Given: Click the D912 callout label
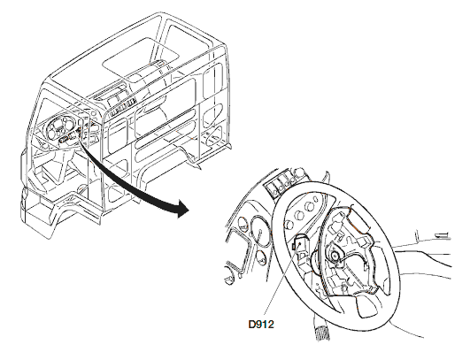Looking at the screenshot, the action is click(x=261, y=325).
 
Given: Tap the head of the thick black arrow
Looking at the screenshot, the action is click(x=181, y=209).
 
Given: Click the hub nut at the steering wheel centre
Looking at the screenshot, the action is click(x=335, y=256).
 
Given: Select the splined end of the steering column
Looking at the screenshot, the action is click(x=321, y=332).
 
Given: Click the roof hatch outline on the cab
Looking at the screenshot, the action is click(x=141, y=56).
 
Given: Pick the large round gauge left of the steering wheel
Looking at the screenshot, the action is click(x=261, y=230).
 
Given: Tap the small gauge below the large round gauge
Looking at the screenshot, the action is click(x=261, y=257).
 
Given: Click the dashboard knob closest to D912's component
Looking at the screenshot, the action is click(x=289, y=224).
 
